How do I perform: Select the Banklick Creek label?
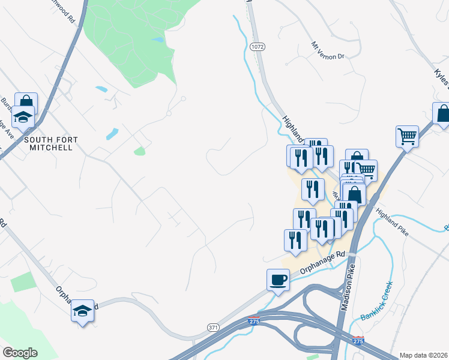tap(376, 301)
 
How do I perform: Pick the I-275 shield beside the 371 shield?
tap(254, 322)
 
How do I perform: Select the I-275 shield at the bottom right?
tap(358, 341)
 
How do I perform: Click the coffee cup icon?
tap(278, 280)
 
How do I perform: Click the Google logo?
tap(20, 353)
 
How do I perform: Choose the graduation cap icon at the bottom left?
tap(83, 311)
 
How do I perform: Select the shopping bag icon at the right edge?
tap(443, 113)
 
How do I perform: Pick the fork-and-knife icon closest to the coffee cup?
tap(295, 240)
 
